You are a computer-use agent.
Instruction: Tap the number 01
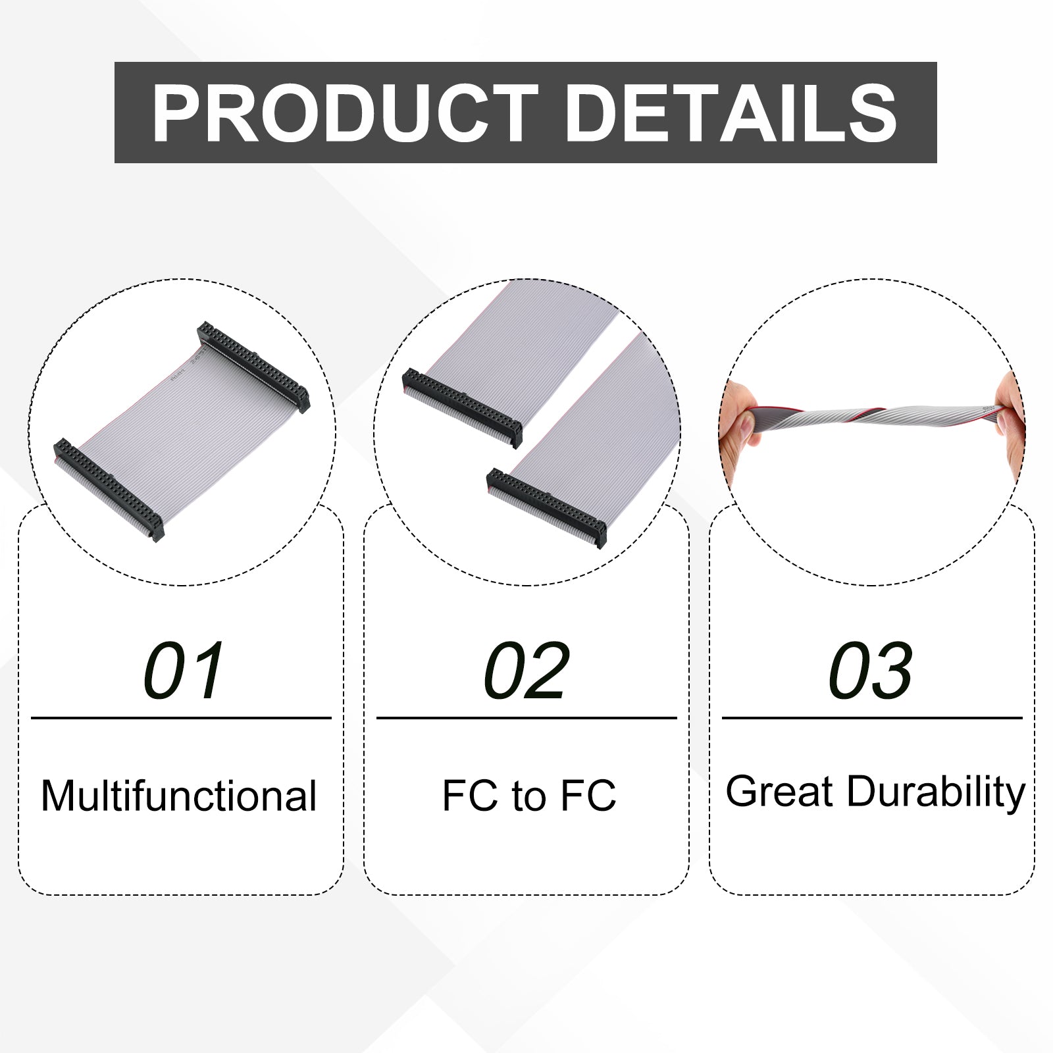coord(184,671)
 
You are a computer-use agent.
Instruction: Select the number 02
coord(526,671)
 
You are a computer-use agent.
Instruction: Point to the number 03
coord(871,671)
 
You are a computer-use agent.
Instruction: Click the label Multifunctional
coord(179,796)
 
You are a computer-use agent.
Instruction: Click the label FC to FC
coord(529,795)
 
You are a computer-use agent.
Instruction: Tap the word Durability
coord(936,792)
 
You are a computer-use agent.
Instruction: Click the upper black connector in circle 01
coord(253,367)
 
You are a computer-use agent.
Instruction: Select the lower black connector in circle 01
coord(109,490)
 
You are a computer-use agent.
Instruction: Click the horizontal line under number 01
coord(181,718)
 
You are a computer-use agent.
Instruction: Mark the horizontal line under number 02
coord(526,718)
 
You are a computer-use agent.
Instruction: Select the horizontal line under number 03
coord(872,718)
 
